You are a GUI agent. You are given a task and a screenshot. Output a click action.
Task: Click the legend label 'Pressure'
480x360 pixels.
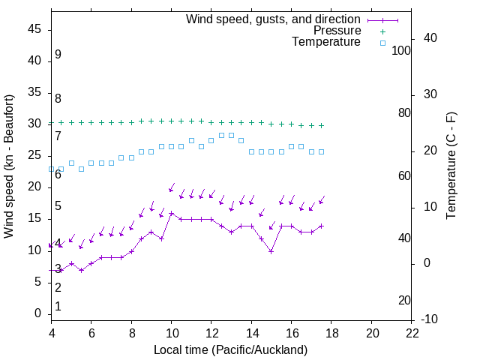tap(337, 31)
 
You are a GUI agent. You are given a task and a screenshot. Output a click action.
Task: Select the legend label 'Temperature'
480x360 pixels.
tap(326, 42)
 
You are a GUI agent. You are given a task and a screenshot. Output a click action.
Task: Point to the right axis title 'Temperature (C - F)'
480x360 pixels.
tap(451, 166)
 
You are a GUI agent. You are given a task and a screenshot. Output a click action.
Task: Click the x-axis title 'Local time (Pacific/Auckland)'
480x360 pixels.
tap(230, 349)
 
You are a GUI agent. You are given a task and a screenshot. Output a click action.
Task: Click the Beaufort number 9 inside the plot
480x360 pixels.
tap(58, 55)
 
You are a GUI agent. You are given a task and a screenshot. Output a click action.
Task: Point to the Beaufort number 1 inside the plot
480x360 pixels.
tap(58, 307)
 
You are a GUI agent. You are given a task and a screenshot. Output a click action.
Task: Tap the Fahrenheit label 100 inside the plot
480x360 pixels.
tap(401, 50)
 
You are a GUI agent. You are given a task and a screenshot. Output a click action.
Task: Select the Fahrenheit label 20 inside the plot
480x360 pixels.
tap(404, 301)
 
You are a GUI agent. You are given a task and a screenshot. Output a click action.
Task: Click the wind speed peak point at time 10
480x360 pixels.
tap(172, 213)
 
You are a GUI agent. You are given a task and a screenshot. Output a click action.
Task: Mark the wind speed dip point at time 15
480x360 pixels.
tap(271, 251)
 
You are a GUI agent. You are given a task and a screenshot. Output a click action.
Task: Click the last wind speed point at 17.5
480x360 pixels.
tap(322, 226)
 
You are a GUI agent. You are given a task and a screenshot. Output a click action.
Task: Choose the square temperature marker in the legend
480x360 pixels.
tap(382, 43)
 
